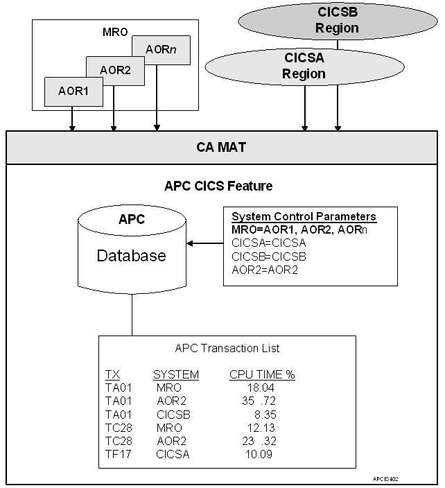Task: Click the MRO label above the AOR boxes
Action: pyautogui.click(x=114, y=31)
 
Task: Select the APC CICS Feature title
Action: pyautogui.click(x=218, y=186)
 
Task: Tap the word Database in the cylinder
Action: pyautogui.click(x=131, y=256)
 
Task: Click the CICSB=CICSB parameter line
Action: pyautogui.click(x=259, y=256)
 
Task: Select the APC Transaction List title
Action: pyautogui.click(x=227, y=349)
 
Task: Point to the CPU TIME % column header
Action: pyautogui.click(x=262, y=375)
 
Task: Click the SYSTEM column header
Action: pyautogui.click(x=175, y=375)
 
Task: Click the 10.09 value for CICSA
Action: pyautogui.click(x=259, y=455)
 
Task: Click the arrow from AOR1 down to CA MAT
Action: pyautogui.click(x=72, y=119)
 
